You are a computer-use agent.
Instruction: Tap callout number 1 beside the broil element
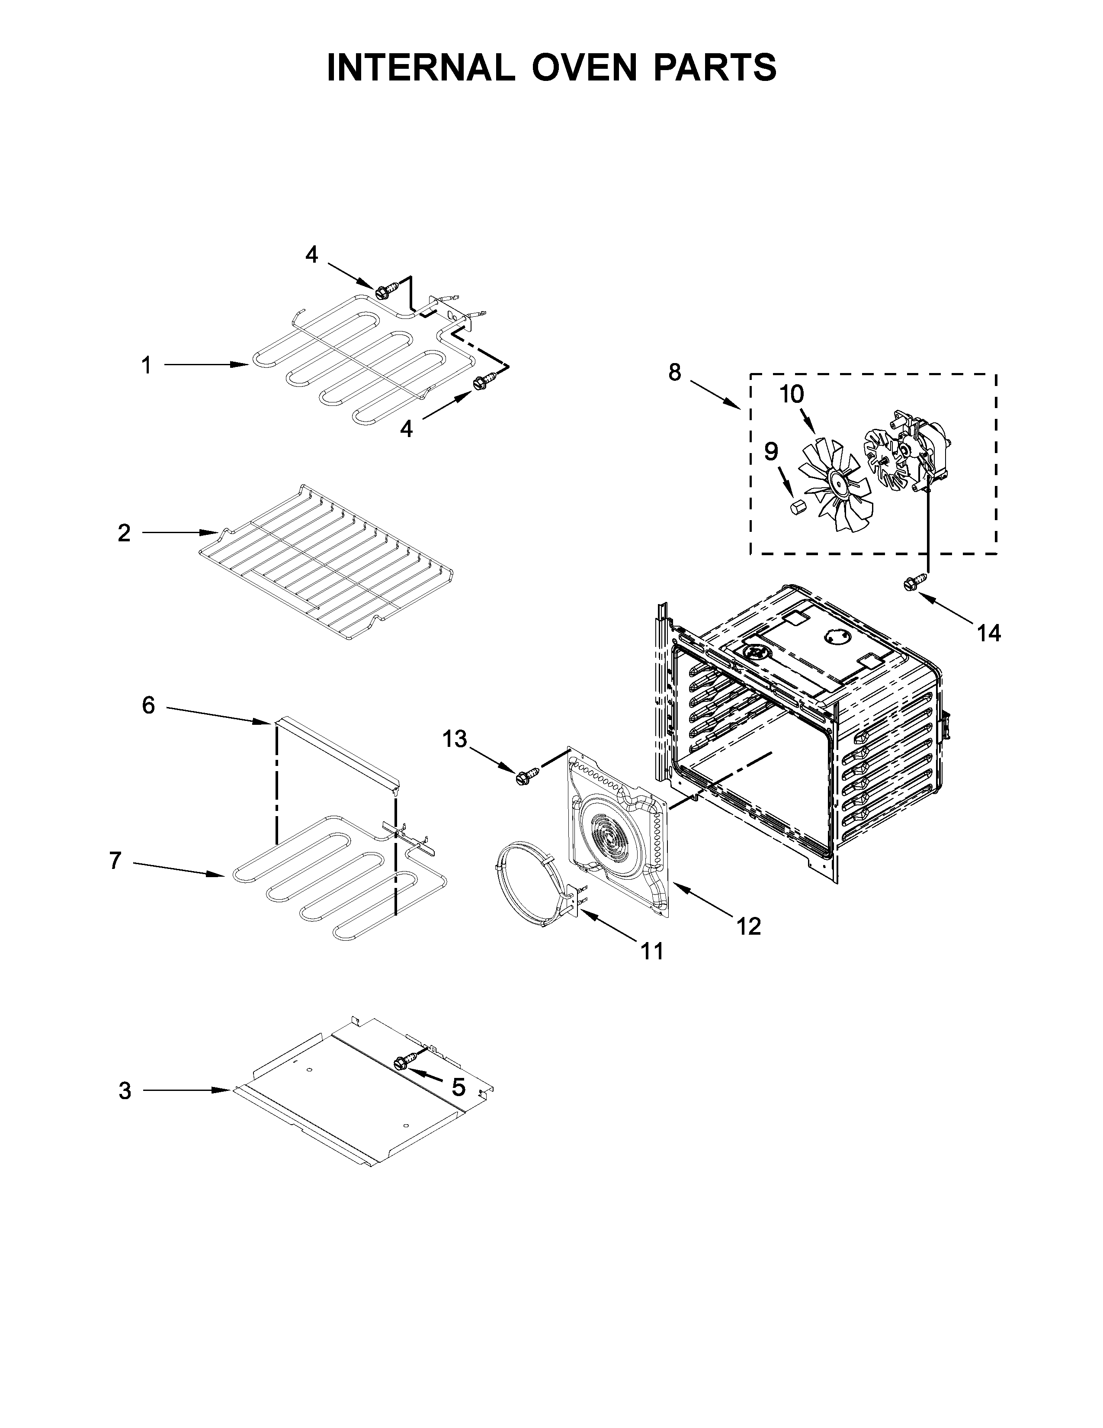[146, 366]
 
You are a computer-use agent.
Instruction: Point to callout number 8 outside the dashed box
[674, 373]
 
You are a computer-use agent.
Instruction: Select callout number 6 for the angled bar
[148, 705]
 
